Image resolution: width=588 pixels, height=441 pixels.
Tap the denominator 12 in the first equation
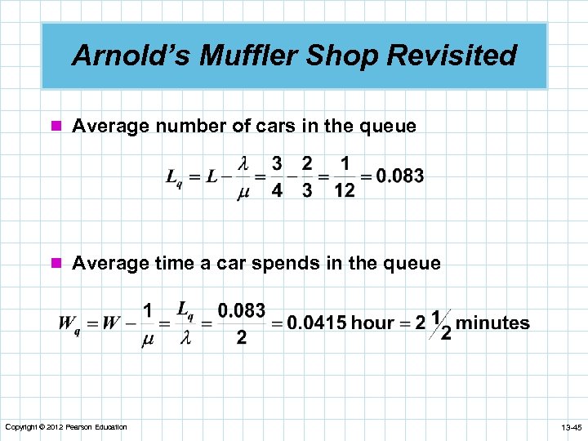click(344, 191)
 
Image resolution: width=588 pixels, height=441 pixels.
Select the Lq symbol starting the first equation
click(175, 176)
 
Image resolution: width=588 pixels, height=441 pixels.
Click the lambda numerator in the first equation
click(243, 163)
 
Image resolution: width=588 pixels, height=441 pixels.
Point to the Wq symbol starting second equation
click(69, 323)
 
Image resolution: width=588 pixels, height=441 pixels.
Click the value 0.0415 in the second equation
click(316, 323)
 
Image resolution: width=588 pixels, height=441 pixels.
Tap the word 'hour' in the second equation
click(372, 323)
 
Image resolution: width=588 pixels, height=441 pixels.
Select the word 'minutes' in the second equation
click(492, 323)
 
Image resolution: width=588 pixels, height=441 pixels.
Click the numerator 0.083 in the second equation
click(241, 310)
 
